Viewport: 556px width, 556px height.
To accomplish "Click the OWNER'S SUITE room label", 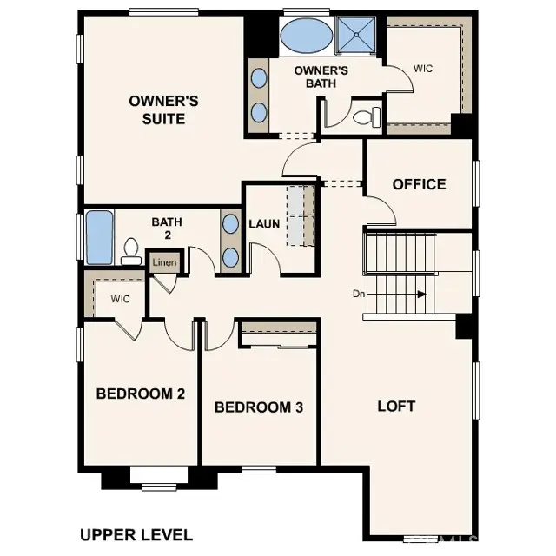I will [x=163, y=109].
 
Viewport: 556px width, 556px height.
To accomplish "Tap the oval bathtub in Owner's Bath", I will [x=306, y=37].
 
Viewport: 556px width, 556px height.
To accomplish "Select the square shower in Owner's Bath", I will [x=357, y=36].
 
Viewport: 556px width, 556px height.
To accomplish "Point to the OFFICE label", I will [x=419, y=184].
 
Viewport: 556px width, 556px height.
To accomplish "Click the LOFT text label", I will [x=396, y=406].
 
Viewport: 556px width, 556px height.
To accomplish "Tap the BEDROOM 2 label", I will [x=141, y=394].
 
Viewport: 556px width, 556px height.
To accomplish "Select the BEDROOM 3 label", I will [x=259, y=407].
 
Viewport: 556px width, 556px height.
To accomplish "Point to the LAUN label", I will [x=264, y=223].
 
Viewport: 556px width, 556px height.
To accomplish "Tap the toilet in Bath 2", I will [x=132, y=252].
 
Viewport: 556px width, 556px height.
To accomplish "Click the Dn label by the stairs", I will [x=358, y=294].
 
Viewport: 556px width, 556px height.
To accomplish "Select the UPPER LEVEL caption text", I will [x=136, y=534].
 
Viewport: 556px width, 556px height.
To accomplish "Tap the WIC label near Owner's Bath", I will [x=422, y=67].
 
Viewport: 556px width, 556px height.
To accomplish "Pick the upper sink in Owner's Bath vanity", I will [x=259, y=78].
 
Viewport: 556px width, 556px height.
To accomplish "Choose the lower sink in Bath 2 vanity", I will [x=230, y=258].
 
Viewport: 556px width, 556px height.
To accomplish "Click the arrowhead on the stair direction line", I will [x=422, y=295].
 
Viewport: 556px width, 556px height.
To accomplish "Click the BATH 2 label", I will [x=167, y=228].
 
